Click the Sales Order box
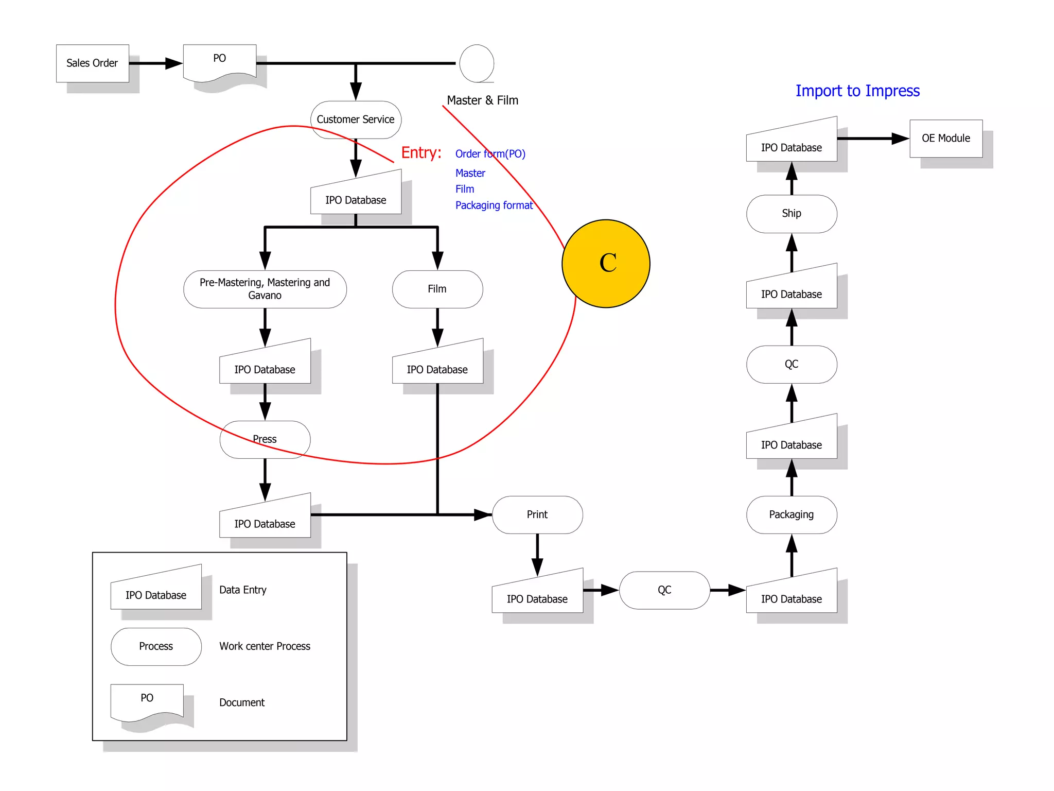(x=92, y=63)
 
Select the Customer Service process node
(x=356, y=119)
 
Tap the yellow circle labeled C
(x=606, y=264)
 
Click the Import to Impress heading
(x=857, y=91)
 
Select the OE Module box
(x=945, y=139)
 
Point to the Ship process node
(x=791, y=214)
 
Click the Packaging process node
(x=791, y=514)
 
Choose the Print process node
(x=537, y=514)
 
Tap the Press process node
(x=265, y=439)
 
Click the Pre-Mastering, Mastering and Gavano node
(x=265, y=289)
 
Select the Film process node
(x=437, y=289)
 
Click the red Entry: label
(x=421, y=153)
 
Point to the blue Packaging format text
(x=494, y=205)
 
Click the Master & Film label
(x=482, y=100)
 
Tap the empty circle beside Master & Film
(x=477, y=63)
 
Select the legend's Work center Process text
(x=265, y=646)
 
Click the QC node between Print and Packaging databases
(x=664, y=590)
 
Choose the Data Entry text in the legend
(x=242, y=590)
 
